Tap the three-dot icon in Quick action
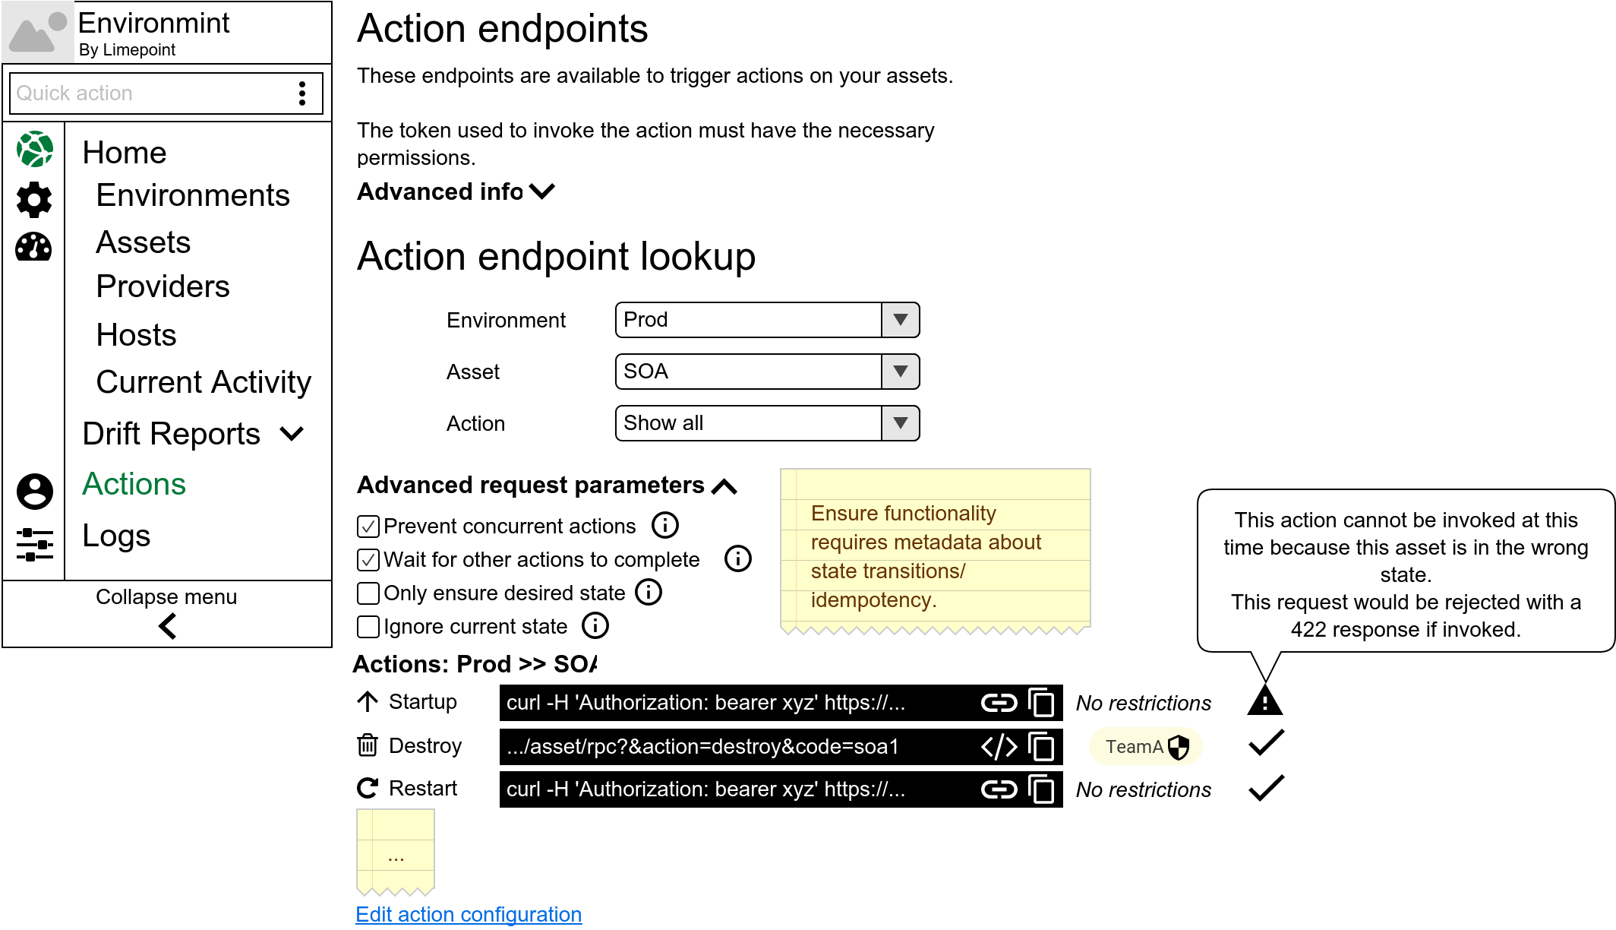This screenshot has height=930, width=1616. point(302,93)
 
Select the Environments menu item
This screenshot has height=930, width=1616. point(193,196)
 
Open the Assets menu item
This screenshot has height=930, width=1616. point(143,243)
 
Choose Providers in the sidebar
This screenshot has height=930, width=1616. point(163,287)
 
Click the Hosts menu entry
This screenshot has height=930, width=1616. point(136,335)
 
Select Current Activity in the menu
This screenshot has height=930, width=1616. point(204,382)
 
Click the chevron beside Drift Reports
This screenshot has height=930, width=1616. point(292,434)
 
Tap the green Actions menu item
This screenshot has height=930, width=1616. point(134,485)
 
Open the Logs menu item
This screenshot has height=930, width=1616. point(116,536)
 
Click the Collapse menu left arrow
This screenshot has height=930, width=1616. point(168,626)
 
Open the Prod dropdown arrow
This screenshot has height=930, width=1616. point(901,320)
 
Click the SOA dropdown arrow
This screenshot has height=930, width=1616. point(901,372)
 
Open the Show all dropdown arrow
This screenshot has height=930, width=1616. point(901,423)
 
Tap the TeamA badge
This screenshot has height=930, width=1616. point(1145,747)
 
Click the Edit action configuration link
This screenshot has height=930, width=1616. point(469,914)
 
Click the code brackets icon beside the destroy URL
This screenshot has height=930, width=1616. point(999,747)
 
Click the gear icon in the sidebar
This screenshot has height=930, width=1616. point(34,199)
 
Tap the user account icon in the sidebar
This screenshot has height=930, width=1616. point(35,492)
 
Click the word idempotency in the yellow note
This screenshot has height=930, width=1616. point(873,600)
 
